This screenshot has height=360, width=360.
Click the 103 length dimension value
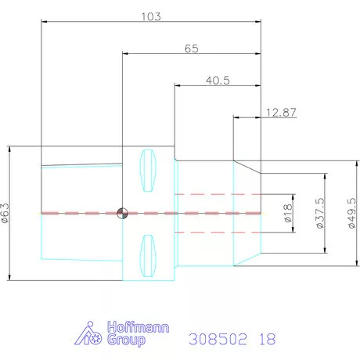tap(151, 16)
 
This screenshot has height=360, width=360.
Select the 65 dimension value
tap(191, 48)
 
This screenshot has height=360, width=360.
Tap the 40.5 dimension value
tap(218, 80)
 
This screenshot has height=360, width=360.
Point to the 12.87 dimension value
tap(281, 113)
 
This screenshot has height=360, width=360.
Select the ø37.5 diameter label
tap(319, 212)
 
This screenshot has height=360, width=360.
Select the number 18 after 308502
tap(268, 339)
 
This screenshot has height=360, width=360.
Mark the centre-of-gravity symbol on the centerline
tap(121, 212)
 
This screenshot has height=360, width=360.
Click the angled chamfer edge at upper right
tap(248, 167)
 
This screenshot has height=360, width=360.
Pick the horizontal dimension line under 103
tap(151, 23)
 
